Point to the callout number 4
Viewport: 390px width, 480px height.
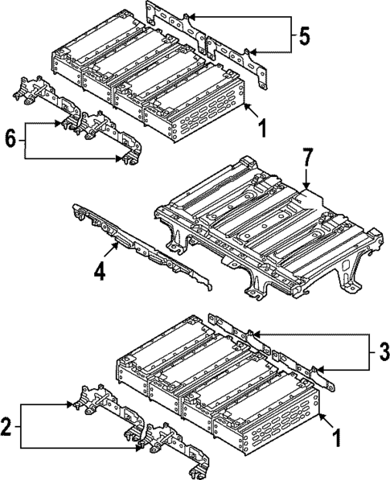tap(99, 272)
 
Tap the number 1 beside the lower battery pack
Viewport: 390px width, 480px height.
tap(335, 438)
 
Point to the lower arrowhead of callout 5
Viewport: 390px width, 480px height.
tap(255, 54)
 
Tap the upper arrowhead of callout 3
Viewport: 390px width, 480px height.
tap(256, 332)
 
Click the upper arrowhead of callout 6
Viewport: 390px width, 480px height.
tap(58, 123)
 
